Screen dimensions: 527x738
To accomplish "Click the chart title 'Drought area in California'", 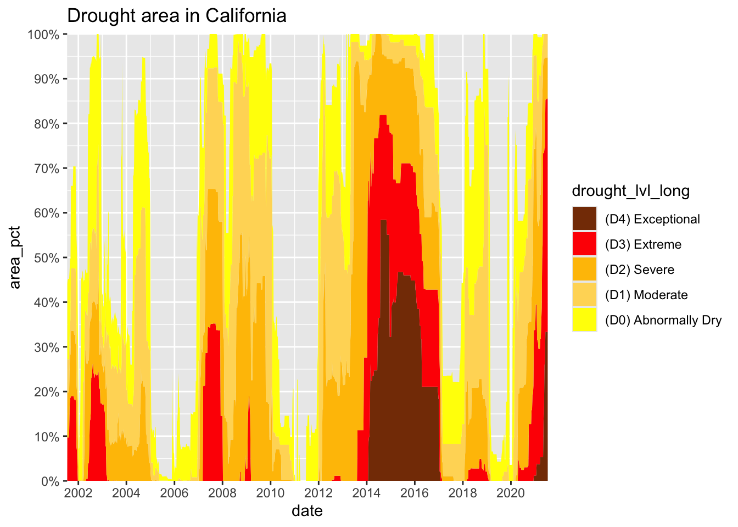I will pos(176,15).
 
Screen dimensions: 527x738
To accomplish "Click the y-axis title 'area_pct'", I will pos(15,257).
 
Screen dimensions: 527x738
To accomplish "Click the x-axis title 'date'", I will pos(307,511).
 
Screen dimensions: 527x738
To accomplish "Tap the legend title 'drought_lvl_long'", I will pos(630,190).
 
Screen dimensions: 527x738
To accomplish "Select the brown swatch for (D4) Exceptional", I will pos(584,219).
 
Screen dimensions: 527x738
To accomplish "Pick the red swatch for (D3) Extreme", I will pos(584,244).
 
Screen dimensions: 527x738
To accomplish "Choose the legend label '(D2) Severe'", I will pos(639,270).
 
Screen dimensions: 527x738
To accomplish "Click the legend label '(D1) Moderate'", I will pos(646,295).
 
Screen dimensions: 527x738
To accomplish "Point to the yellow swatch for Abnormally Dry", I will pos(584,320).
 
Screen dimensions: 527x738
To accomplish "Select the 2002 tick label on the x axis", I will pos(78,492).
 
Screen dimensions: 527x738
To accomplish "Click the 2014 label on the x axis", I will pos(367,492).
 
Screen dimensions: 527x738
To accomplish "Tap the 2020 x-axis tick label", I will pos(511,492).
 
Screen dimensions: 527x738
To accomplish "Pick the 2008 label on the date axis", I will pos(222,492).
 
